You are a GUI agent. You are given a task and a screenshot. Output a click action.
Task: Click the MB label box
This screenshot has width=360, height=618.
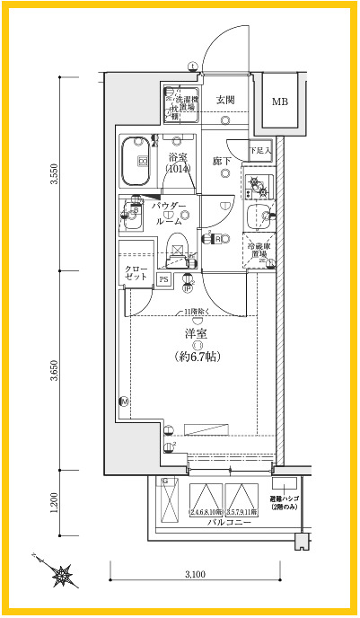pos(281,101)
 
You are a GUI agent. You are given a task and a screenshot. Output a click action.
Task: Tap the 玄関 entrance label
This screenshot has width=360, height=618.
pos(225,100)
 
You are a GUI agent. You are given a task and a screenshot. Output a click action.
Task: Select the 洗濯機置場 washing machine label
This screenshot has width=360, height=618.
pos(189,103)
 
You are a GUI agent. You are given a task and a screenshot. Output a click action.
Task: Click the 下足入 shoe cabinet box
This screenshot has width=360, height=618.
pos(259,150)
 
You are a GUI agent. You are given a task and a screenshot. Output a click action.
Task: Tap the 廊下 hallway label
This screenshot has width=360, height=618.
pos(223,161)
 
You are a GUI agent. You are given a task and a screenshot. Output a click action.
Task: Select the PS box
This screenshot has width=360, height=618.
pos(163,279)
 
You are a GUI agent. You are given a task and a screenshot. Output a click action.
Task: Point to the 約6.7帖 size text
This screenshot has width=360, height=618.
pos(191,357)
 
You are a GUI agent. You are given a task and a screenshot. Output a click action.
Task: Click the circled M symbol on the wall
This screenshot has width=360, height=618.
pos(125,401)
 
